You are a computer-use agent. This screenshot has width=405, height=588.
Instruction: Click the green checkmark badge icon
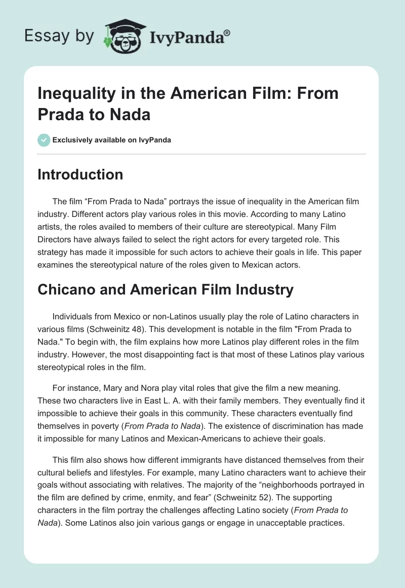click(44, 140)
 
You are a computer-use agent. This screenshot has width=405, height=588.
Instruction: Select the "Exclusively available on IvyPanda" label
click(112, 140)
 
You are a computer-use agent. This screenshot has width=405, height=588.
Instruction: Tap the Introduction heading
click(80, 174)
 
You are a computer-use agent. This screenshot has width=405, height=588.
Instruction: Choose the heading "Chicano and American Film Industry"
click(166, 289)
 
